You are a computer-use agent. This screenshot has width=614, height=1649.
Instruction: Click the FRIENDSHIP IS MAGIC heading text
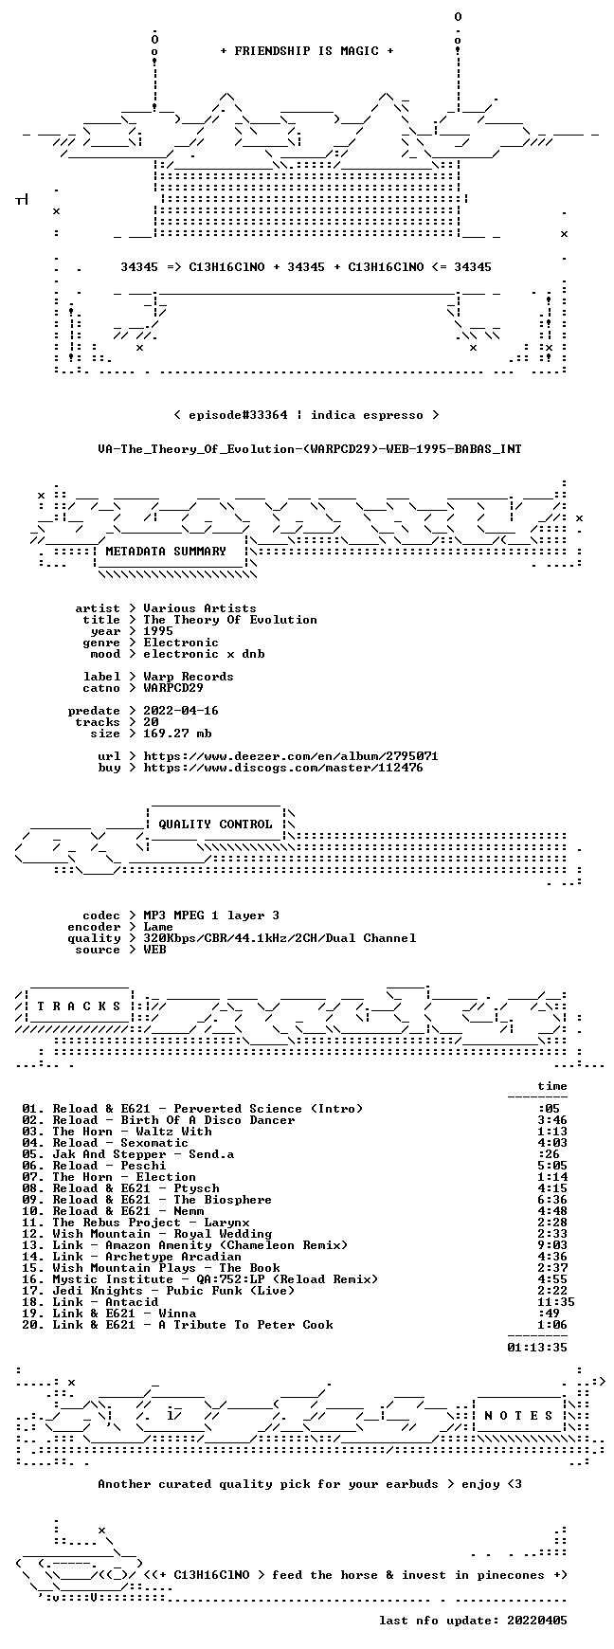pyautogui.click(x=307, y=51)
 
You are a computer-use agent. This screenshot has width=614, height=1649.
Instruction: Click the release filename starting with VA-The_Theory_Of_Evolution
pyautogui.click(x=310, y=449)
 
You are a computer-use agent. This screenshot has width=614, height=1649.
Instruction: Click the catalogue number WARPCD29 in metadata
pyautogui.click(x=173, y=688)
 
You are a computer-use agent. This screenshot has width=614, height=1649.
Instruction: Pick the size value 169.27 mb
pyautogui.click(x=177, y=734)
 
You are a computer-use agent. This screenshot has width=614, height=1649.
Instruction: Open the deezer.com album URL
pyautogui.click(x=291, y=756)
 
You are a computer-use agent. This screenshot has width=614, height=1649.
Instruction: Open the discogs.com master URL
pyautogui.click(x=283, y=768)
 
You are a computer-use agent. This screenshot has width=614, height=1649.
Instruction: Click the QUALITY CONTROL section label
pyautogui.click(x=215, y=824)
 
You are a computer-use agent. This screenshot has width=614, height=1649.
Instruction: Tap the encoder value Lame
pyautogui.click(x=158, y=927)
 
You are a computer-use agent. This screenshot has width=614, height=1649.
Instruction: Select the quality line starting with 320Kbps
pyautogui.click(x=280, y=938)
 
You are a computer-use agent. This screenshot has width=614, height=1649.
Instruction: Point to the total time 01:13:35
pyautogui.click(x=537, y=1348)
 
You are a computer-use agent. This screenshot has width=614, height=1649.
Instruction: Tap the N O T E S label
pyautogui.click(x=518, y=1416)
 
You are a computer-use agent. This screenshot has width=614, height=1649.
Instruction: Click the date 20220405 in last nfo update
pyautogui.click(x=537, y=1621)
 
